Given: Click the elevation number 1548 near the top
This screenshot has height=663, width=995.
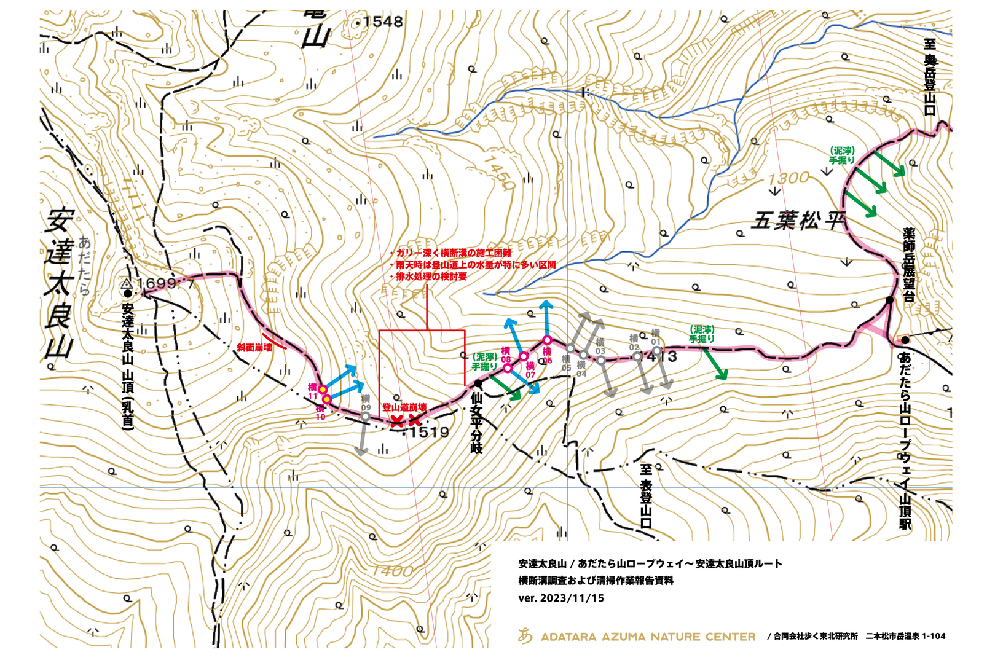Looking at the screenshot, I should [x=382, y=22].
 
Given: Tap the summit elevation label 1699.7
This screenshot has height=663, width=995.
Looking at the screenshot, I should [x=165, y=283].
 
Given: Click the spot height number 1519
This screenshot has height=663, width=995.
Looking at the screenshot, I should [x=429, y=432].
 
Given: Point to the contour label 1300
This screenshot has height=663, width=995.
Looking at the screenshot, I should [x=789, y=178].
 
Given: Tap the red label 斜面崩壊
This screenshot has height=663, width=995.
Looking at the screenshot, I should [x=254, y=348].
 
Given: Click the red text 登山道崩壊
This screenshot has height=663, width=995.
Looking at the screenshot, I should [x=404, y=407].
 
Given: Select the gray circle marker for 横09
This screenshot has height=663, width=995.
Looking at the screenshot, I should [x=365, y=417].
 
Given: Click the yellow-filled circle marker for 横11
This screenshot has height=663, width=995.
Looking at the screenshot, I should [x=323, y=390].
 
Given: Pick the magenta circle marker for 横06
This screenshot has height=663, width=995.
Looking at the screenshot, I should [x=546, y=340].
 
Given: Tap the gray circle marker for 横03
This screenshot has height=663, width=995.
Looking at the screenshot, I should [x=600, y=360].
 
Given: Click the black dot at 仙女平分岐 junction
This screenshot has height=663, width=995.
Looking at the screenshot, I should [x=478, y=384].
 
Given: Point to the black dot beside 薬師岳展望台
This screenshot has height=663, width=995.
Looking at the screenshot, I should [x=889, y=300].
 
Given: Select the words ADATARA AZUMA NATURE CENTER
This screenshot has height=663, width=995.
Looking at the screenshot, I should [x=648, y=637].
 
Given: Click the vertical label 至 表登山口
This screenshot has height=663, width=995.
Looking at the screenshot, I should [x=645, y=496].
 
